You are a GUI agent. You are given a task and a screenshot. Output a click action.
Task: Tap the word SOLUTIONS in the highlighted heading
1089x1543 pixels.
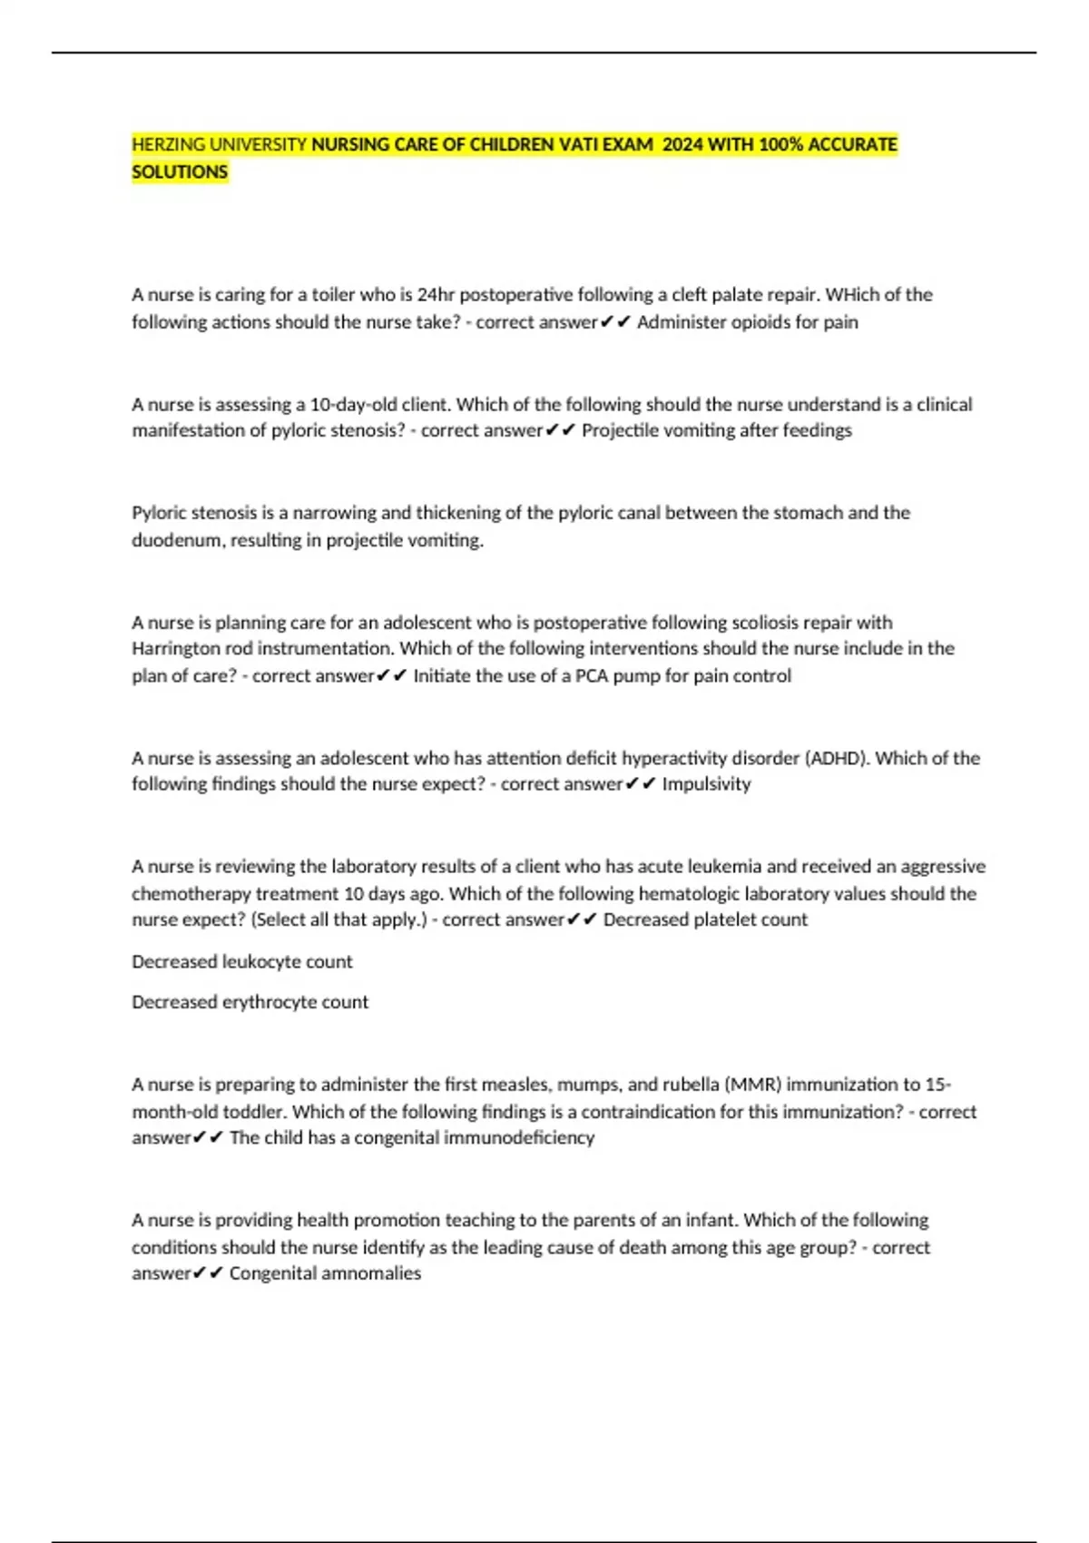click(180, 172)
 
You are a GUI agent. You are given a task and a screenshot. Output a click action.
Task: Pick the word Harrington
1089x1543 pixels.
click(176, 649)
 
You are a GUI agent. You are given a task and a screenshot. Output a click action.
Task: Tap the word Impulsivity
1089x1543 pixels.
click(706, 784)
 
